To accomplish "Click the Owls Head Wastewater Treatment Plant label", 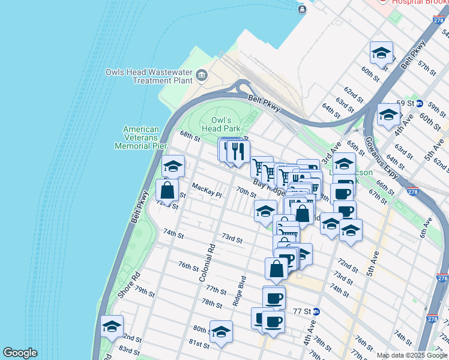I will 148,76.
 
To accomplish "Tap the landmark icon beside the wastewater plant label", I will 201,76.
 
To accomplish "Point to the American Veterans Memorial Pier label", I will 141,137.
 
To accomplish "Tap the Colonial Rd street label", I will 206,263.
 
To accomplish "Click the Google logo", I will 20,353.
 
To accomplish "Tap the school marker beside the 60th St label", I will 381,54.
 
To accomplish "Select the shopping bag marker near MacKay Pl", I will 167,190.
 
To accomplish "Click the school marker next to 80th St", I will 221,332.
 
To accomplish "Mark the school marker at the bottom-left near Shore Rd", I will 112,327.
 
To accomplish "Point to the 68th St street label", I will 190,136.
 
